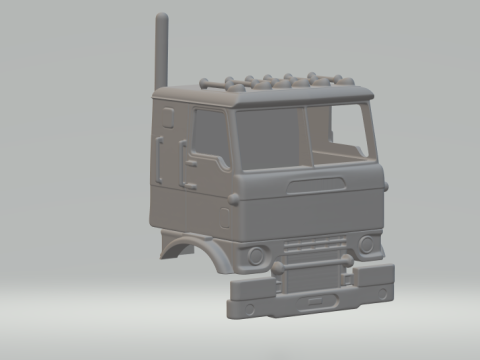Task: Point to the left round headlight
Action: (256, 256)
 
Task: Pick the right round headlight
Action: (367, 243)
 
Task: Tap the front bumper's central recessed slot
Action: (322, 298)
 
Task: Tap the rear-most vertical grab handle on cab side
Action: (160, 155)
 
